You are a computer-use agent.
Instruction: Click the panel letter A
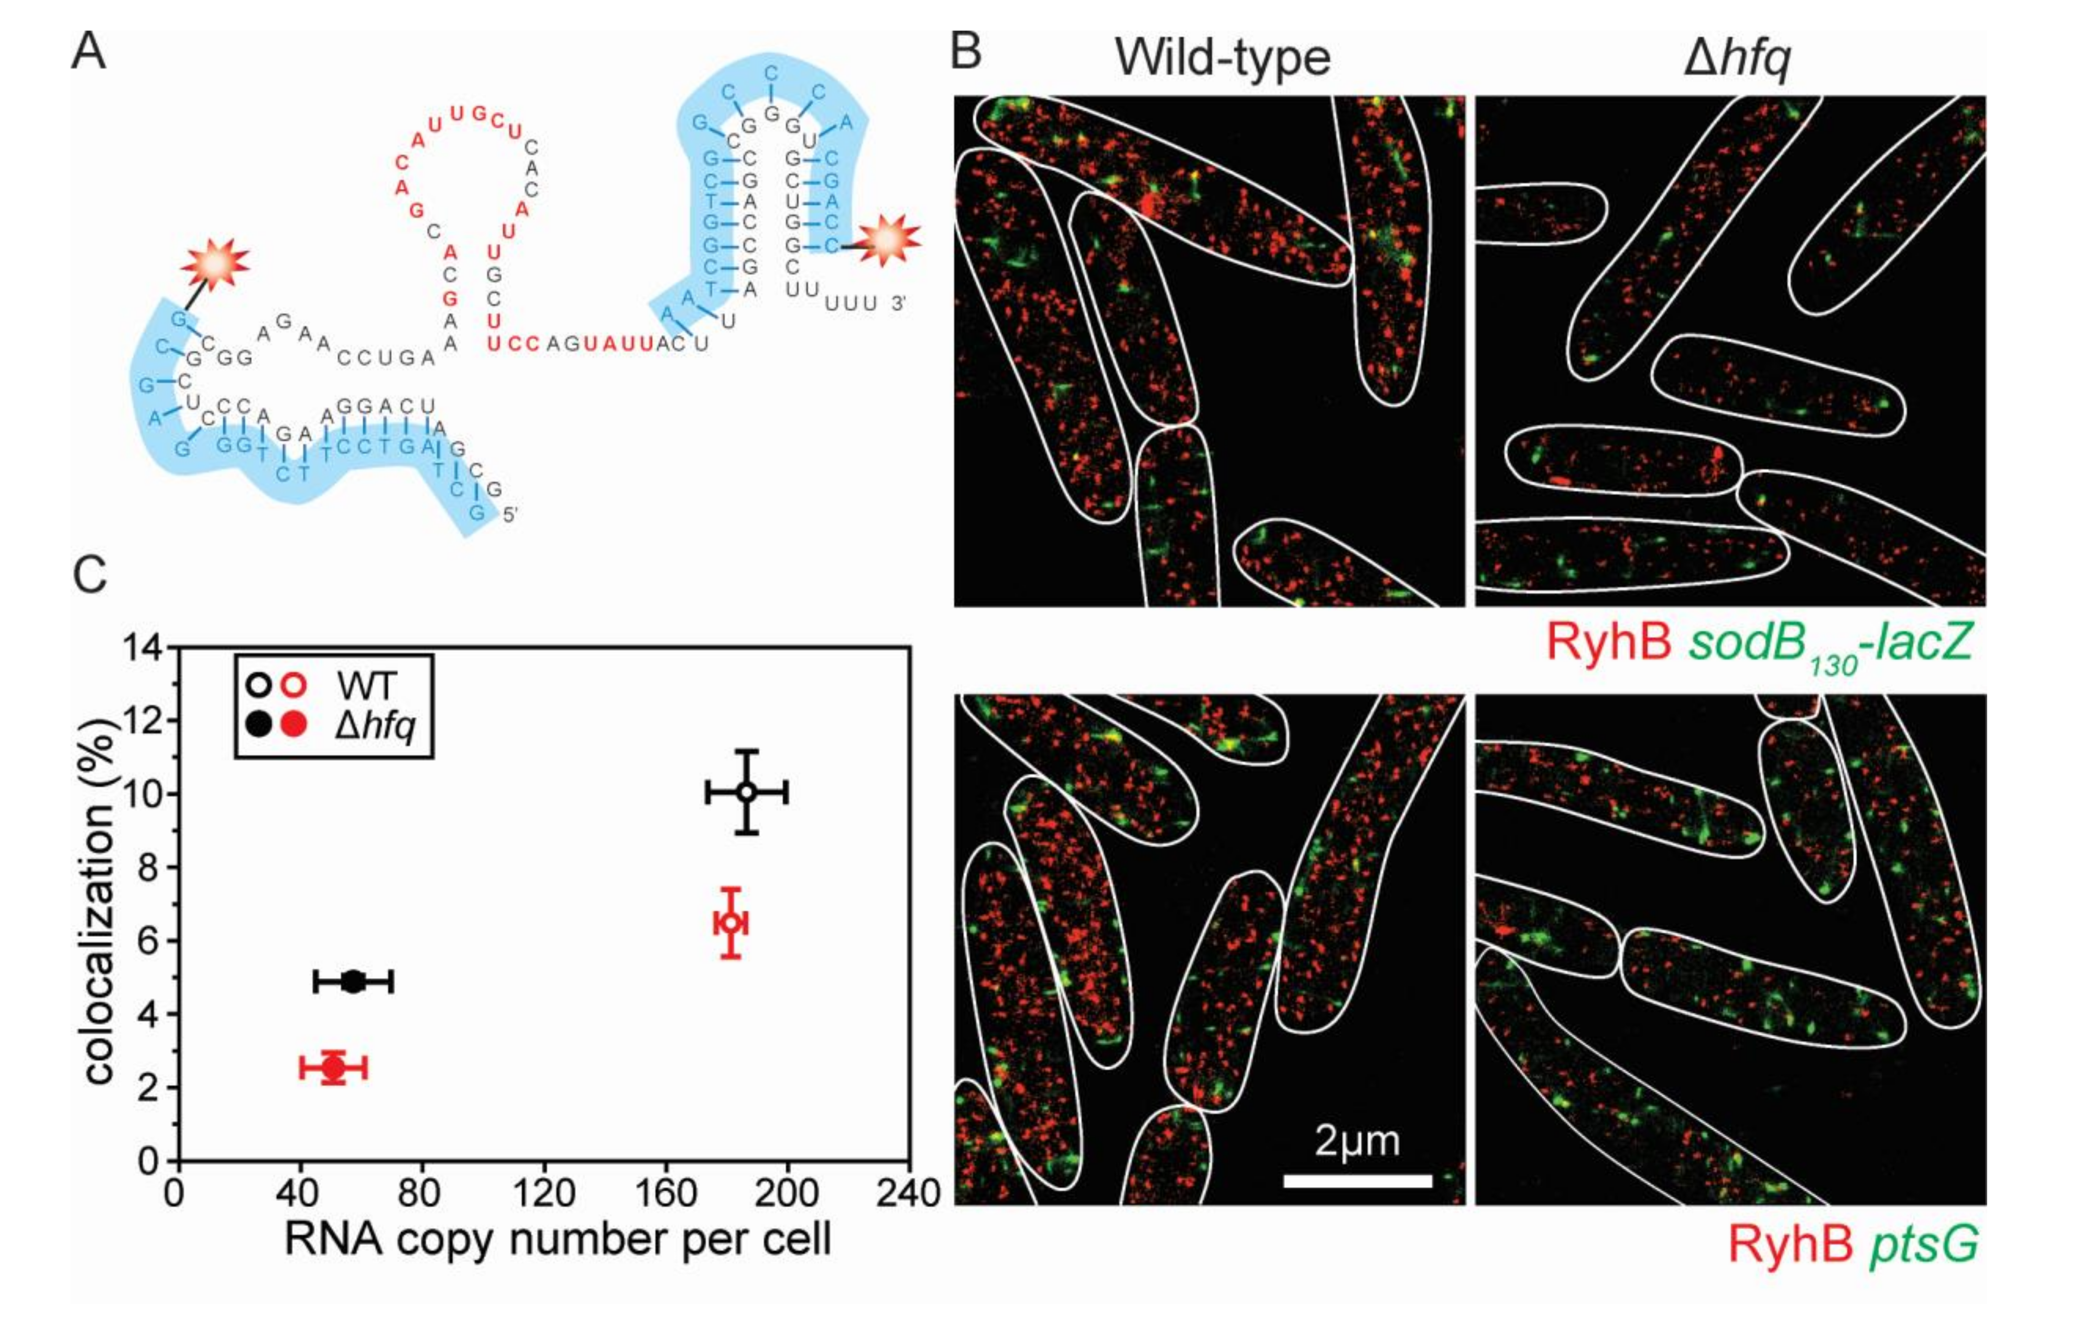point(89,52)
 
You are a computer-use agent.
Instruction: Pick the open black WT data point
point(747,792)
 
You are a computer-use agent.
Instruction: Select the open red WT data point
point(731,923)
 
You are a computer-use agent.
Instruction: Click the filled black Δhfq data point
point(353,981)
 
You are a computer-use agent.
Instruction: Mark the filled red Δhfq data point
point(333,1067)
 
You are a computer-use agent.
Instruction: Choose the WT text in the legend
point(366,686)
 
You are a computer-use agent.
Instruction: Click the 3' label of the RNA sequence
point(898,303)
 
